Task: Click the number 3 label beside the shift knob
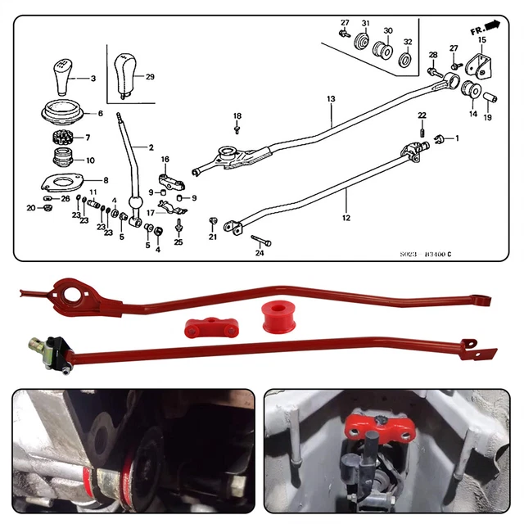93,79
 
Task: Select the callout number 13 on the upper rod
331,99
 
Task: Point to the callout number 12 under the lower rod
346,218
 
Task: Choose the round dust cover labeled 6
63,113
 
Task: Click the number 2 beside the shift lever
151,147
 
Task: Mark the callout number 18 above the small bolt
237,116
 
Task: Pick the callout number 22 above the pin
422,115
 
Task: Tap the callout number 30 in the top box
388,30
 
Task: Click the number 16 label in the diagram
164,159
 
